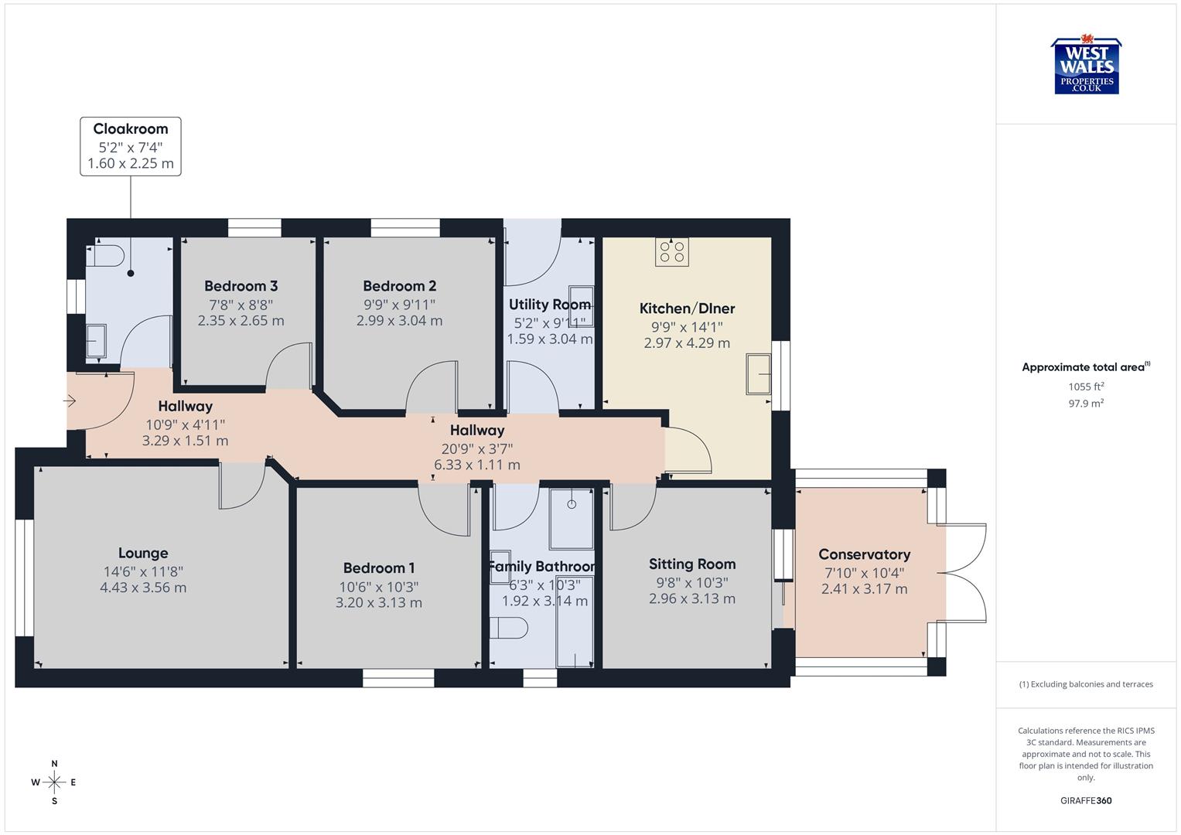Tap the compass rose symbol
pos(54,782)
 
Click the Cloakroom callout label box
pos(131,146)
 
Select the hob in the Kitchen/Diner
pos(671,252)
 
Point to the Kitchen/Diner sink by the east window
pos(758,375)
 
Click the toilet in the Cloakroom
pos(106,256)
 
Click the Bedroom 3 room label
pos(241,286)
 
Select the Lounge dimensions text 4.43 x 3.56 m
pos(143,588)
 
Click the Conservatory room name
pos(864,554)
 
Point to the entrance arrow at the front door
pos(70,400)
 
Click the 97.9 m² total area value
pos(1086,403)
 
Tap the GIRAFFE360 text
pos(1086,800)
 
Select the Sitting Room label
pos(691,564)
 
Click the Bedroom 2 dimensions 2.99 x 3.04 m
pos(399,321)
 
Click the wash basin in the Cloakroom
pos(96,341)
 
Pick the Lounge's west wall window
pos(25,577)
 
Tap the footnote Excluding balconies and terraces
pos(1086,684)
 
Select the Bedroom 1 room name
pos(379,568)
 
